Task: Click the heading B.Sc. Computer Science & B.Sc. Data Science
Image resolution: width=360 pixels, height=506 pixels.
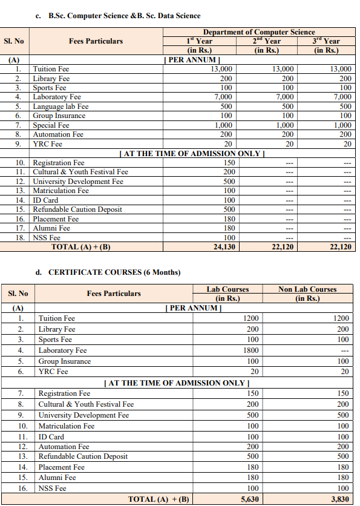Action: (123, 15)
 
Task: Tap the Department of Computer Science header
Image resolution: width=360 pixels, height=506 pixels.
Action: (258, 32)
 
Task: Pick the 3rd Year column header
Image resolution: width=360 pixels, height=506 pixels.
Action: (327, 41)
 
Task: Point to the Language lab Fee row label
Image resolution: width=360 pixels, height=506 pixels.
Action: (61, 107)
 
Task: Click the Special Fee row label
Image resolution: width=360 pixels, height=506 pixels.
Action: (51, 125)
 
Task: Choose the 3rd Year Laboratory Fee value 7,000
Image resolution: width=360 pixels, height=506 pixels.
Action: (342, 97)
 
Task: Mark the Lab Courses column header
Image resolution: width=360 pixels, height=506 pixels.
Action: (227, 289)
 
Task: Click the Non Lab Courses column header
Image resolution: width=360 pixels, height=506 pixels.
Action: (307, 289)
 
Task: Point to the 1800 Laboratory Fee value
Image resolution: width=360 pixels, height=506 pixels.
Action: (249, 350)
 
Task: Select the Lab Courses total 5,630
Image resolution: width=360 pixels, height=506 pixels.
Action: (249, 499)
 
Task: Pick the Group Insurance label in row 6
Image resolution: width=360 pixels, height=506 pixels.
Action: (59, 116)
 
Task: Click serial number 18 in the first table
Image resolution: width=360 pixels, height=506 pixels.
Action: (20, 238)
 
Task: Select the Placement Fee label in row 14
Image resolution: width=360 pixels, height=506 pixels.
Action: (61, 467)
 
